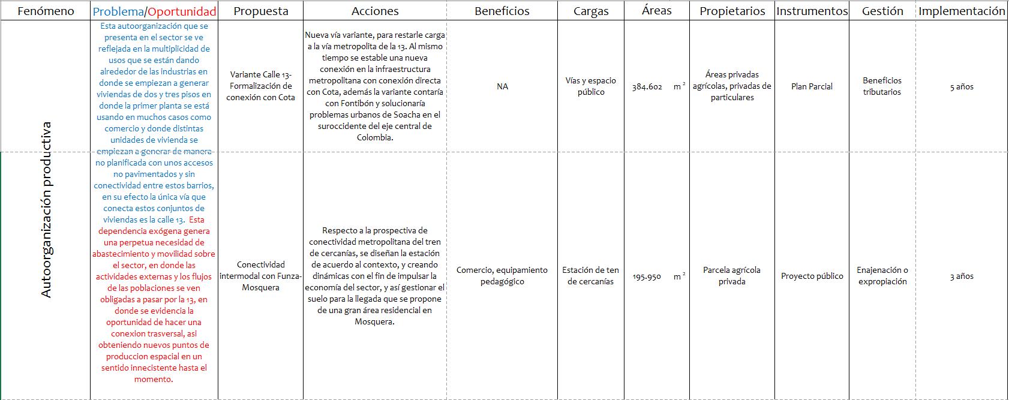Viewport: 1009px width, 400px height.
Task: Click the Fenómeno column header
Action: tap(46, 11)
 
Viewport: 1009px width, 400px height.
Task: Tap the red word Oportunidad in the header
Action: tap(182, 11)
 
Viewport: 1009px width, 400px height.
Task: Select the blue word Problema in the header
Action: tap(118, 11)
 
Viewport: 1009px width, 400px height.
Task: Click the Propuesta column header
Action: tap(260, 11)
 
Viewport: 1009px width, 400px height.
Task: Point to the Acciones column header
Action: tap(375, 11)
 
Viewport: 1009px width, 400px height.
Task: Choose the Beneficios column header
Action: tap(502, 11)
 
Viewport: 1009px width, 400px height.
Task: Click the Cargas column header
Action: tap(591, 11)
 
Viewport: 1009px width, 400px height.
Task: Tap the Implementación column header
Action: tap(962, 11)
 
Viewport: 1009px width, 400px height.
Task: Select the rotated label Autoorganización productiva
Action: tap(46, 210)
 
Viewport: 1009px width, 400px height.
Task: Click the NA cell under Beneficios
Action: tap(502, 86)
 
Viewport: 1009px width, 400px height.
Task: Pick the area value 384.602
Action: tap(647, 87)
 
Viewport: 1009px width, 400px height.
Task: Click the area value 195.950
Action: tap(647, 276)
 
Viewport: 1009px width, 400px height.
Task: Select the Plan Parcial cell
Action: tap(812, 86)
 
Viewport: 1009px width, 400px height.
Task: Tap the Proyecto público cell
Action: tap(812, 276)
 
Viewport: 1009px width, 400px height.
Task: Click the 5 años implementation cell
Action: tap(962, 87)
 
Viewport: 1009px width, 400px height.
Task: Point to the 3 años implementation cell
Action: tap(962, 276)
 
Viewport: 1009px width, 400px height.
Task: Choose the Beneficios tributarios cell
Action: tap(882, 86)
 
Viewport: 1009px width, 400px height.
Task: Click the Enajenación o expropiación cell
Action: tap(882, 276)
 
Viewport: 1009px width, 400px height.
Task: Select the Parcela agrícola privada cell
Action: tap(732, 276)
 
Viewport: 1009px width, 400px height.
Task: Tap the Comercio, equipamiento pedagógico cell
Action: tap(502, 276)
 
